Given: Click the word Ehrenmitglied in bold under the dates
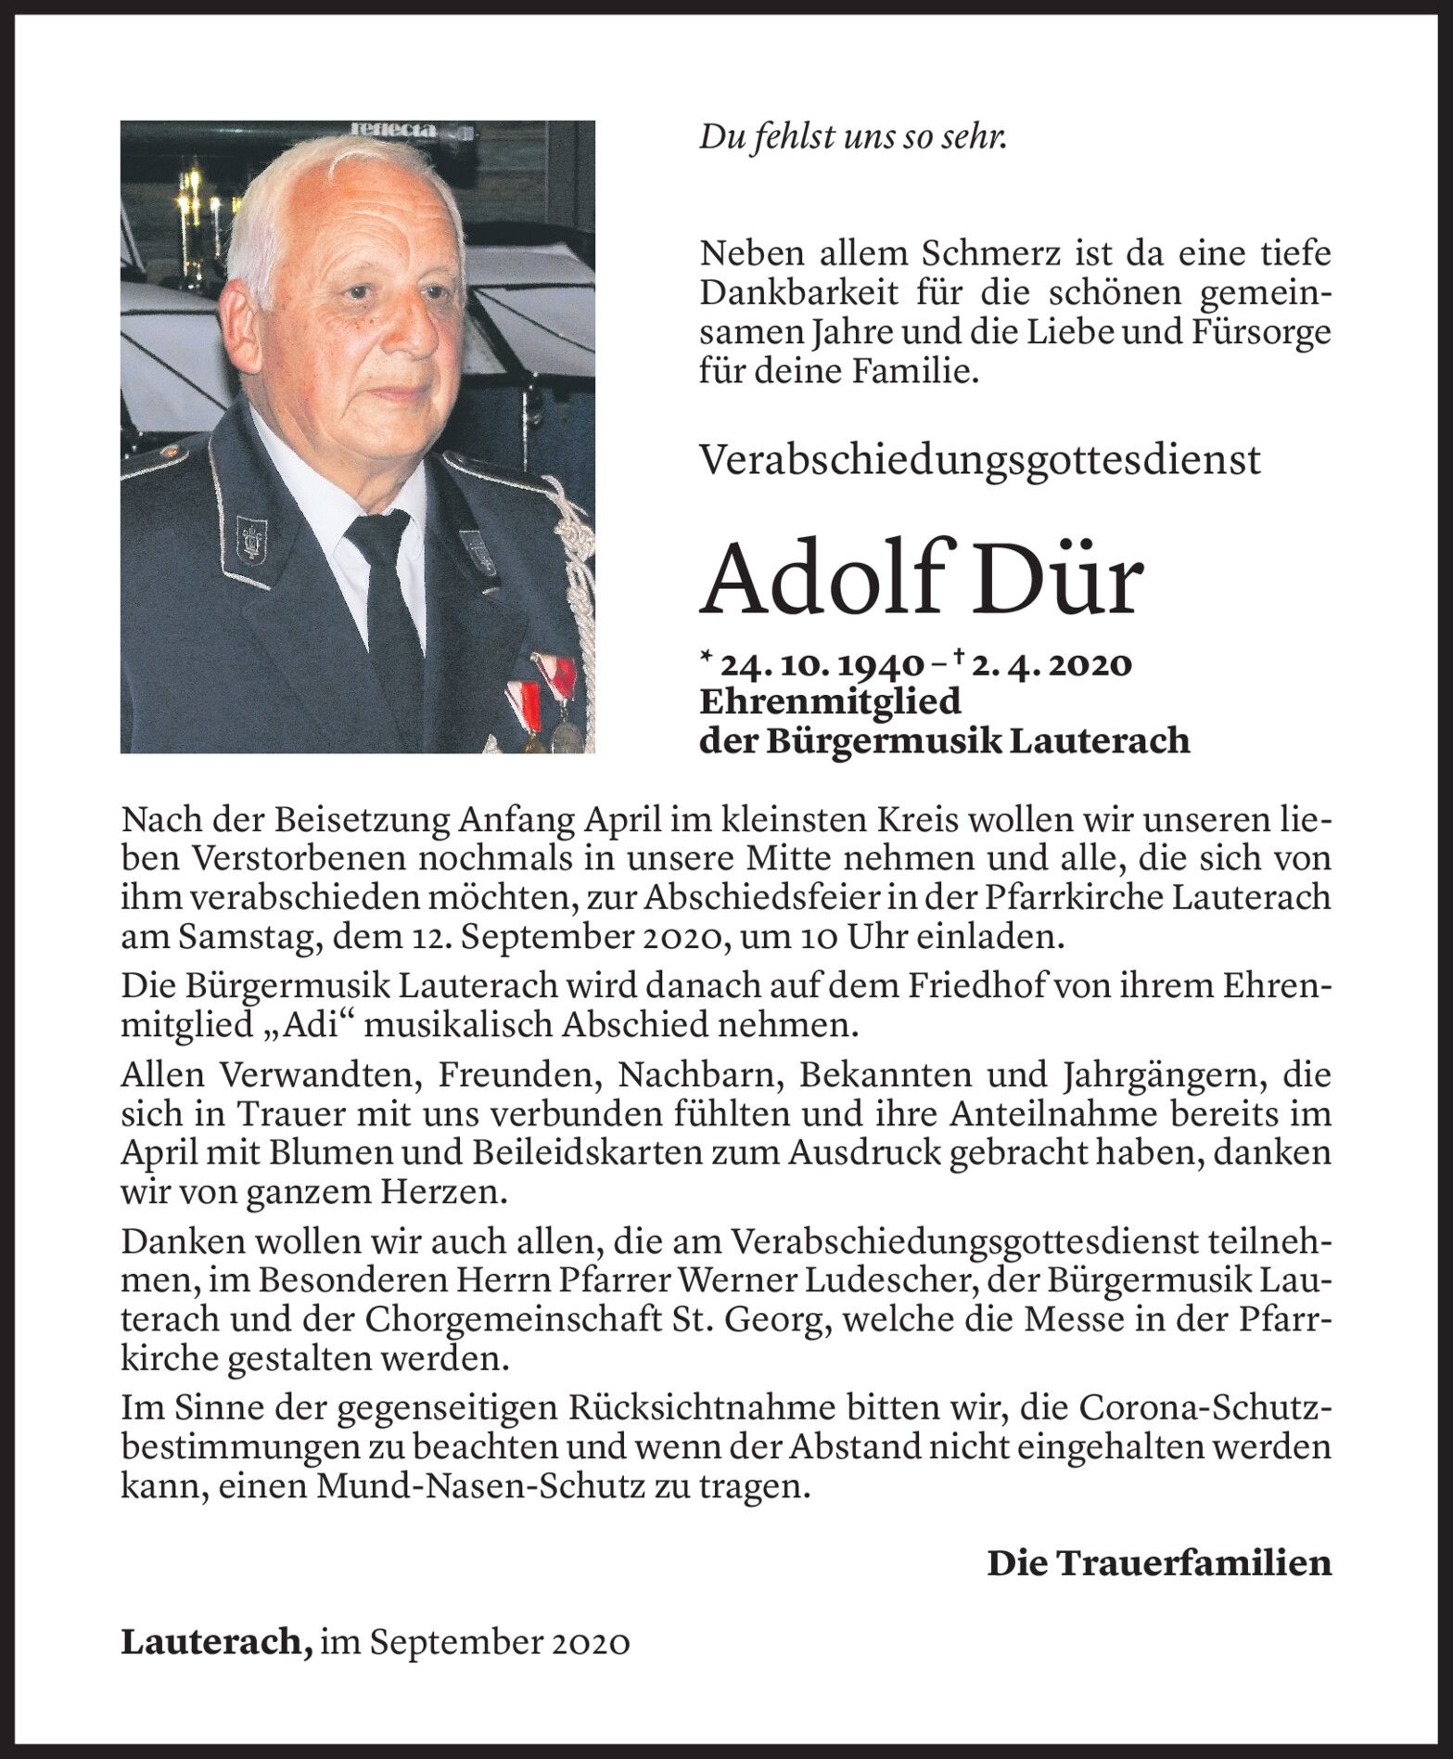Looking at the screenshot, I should coord(829,702).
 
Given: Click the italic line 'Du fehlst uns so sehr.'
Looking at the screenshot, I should coord(853,138).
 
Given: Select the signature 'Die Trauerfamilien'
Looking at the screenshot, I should coord(1158,1563).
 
